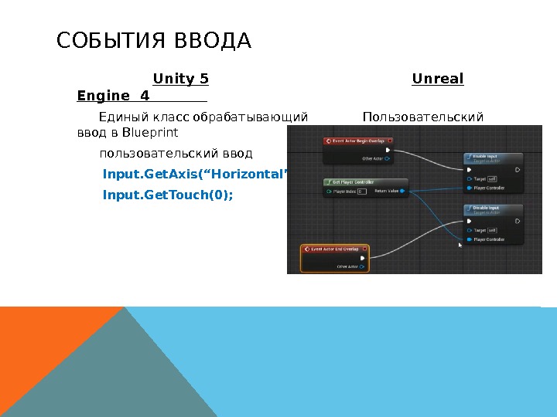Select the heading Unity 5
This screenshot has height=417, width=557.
[181, 79]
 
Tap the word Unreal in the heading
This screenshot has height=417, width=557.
[438, 79]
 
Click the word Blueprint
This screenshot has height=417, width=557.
[150, 132]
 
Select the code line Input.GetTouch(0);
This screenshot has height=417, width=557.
[167, 195]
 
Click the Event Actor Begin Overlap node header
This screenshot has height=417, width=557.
[359, 141]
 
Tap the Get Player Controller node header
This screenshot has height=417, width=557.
[353, 182]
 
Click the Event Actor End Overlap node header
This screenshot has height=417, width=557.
[337, 249]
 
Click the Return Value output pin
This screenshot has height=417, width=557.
[401, 191]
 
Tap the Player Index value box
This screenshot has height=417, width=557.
[361, 191]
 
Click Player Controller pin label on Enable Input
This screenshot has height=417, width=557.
[489, 188]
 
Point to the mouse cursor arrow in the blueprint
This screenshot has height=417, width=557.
[460, 245]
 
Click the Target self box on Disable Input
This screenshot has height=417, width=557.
[492, 230]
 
